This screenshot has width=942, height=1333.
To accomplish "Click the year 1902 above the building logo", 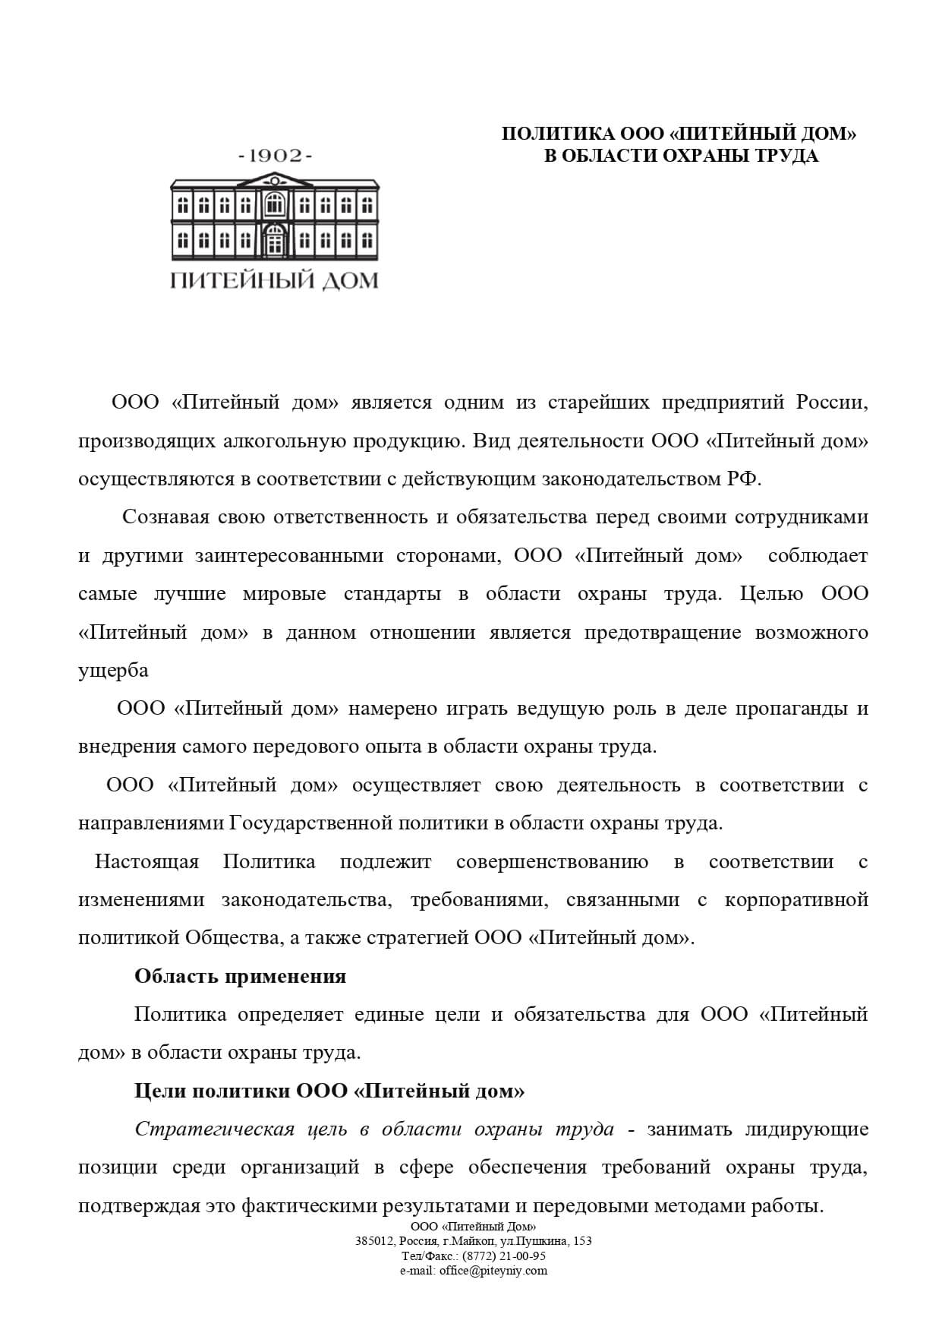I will tap(275, 156).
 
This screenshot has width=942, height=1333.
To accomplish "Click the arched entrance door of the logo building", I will tap(274, 242).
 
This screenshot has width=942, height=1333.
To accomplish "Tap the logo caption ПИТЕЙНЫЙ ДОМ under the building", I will tap(274, 281).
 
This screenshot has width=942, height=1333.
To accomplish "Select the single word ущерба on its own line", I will tap(113, 671).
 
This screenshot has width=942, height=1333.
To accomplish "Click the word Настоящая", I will tap(146, 862).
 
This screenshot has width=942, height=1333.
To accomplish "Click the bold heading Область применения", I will tap(240, 976).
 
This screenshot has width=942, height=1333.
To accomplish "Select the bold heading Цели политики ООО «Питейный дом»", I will tap(329, 1091).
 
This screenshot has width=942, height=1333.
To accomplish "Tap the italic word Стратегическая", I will tap(214, 1129).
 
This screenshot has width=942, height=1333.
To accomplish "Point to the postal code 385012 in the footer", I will tap(371, 1241).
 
